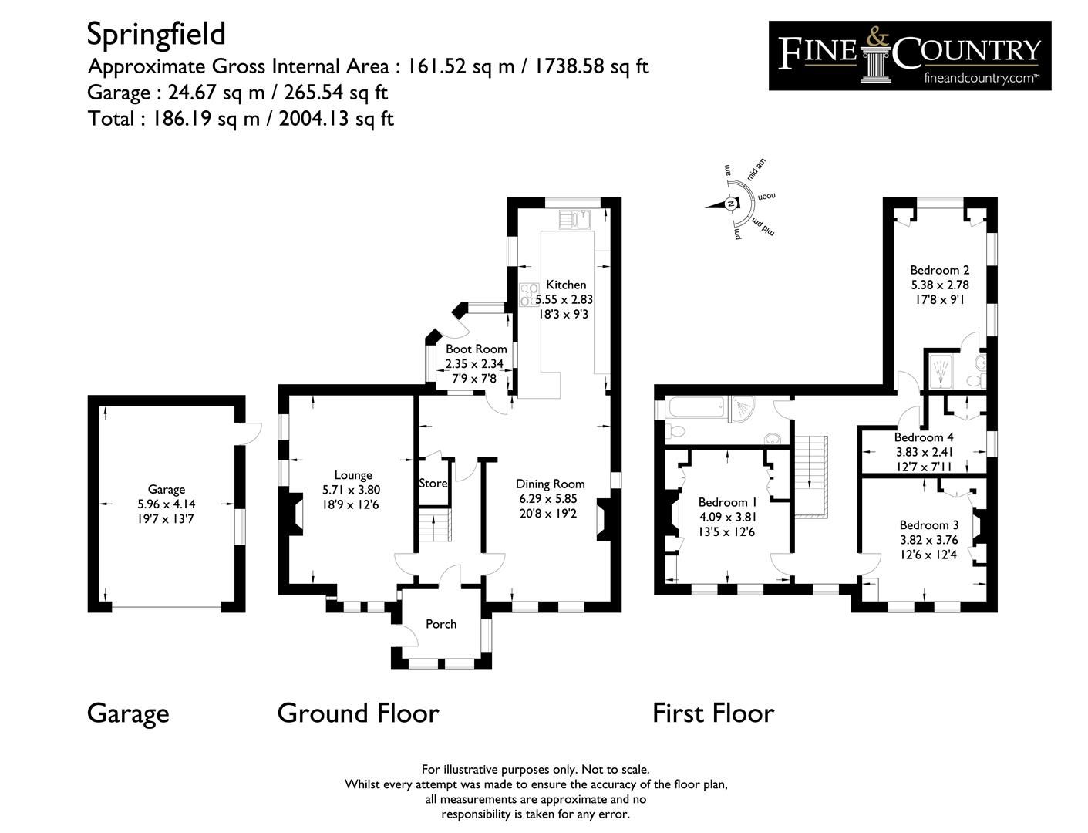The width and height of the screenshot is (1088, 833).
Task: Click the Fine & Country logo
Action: (x=909, y=56)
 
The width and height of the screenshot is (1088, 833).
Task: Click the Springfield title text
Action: (x=156, y=34)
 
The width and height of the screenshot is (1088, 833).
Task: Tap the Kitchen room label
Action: (x=566, y=285)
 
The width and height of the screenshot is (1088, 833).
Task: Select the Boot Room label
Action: (x=476, y=349)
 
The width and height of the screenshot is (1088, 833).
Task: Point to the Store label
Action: (x=433, y=484)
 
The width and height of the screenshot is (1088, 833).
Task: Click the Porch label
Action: (x=441, y=624)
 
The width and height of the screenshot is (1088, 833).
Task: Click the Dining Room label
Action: (x=550, y=484)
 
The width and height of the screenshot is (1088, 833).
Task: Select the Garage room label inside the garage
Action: (x=167, y=489)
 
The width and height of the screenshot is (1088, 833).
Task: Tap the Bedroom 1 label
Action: (x=723, y=502)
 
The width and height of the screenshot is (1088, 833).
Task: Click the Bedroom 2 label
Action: (x=939, y=270)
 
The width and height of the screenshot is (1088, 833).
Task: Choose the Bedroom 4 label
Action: (x=924, y=437)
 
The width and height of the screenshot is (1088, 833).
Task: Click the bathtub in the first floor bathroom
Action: (x=691, y=409)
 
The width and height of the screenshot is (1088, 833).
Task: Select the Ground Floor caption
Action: (x=358, y=713)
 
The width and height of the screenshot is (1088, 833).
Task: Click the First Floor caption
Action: (x=713, y=713)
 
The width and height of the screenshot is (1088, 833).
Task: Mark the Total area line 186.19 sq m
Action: (x=241, y=119)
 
